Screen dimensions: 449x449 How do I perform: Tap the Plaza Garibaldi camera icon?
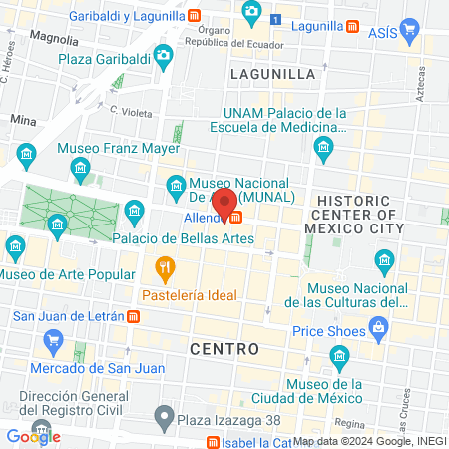(x=162, y=54)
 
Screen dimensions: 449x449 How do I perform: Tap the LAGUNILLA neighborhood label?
(x=272, y=74)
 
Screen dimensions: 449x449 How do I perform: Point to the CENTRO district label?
(x=224, y=349)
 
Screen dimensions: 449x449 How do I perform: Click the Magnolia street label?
(x=54, y=37)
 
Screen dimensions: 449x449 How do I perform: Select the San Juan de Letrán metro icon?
(x=134, y=317)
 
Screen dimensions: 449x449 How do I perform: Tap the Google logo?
(x=33, y=436)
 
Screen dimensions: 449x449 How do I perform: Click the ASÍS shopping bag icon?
(x=409, y=31)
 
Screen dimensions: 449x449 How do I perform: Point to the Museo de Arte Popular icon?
(x=16, y=245)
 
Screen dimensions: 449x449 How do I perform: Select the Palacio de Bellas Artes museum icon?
(x=136, y=211)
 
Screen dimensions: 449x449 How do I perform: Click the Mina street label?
(x=22, y=118)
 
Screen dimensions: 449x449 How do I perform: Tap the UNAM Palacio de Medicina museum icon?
(x=323, y=150)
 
